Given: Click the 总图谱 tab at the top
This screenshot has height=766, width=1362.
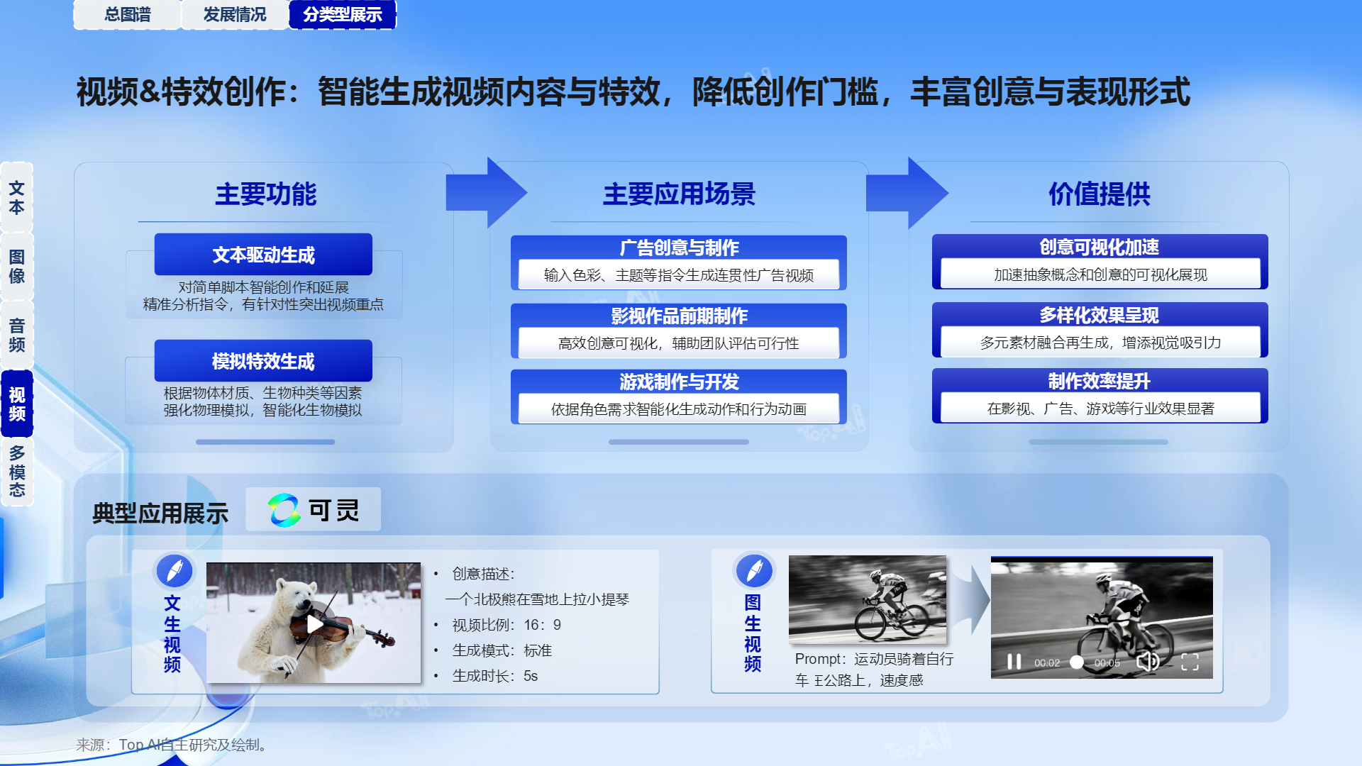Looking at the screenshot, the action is (128, 14).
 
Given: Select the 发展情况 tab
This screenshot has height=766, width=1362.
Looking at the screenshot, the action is (235, 14).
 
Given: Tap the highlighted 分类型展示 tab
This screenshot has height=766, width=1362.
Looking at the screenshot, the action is (343, 14).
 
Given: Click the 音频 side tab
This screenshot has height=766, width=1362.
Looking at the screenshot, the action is (17, 335).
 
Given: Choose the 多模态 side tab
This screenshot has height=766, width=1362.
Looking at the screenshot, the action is (17, 472).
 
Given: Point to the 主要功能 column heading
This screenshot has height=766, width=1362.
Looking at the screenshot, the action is (266, 194).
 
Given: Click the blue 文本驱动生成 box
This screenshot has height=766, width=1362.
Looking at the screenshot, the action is (263, 255).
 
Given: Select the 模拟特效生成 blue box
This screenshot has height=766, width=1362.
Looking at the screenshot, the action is (263, 361).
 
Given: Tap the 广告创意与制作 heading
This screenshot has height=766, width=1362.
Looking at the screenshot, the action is (679, 248).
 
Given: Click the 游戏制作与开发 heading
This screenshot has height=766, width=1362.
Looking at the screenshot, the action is (679, 382).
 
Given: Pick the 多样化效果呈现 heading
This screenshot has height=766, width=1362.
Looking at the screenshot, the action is (1100, 315).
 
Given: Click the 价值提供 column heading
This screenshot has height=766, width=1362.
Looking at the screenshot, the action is (1100, 194).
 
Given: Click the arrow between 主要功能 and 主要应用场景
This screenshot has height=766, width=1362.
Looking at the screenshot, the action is (487, 192).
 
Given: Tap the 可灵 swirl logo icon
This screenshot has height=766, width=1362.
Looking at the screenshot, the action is (284, 510).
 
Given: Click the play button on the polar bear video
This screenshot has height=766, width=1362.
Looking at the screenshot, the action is (314, 624).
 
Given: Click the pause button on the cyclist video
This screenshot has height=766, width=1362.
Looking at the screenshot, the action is (1014, 662).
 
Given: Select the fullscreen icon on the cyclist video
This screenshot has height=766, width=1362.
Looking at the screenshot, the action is (1190, 662).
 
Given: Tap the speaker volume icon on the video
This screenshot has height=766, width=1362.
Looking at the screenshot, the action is (1147, 661).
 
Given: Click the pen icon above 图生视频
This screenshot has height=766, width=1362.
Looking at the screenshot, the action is (754, 570).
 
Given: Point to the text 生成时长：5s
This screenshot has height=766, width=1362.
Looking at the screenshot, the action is (495, 676).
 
